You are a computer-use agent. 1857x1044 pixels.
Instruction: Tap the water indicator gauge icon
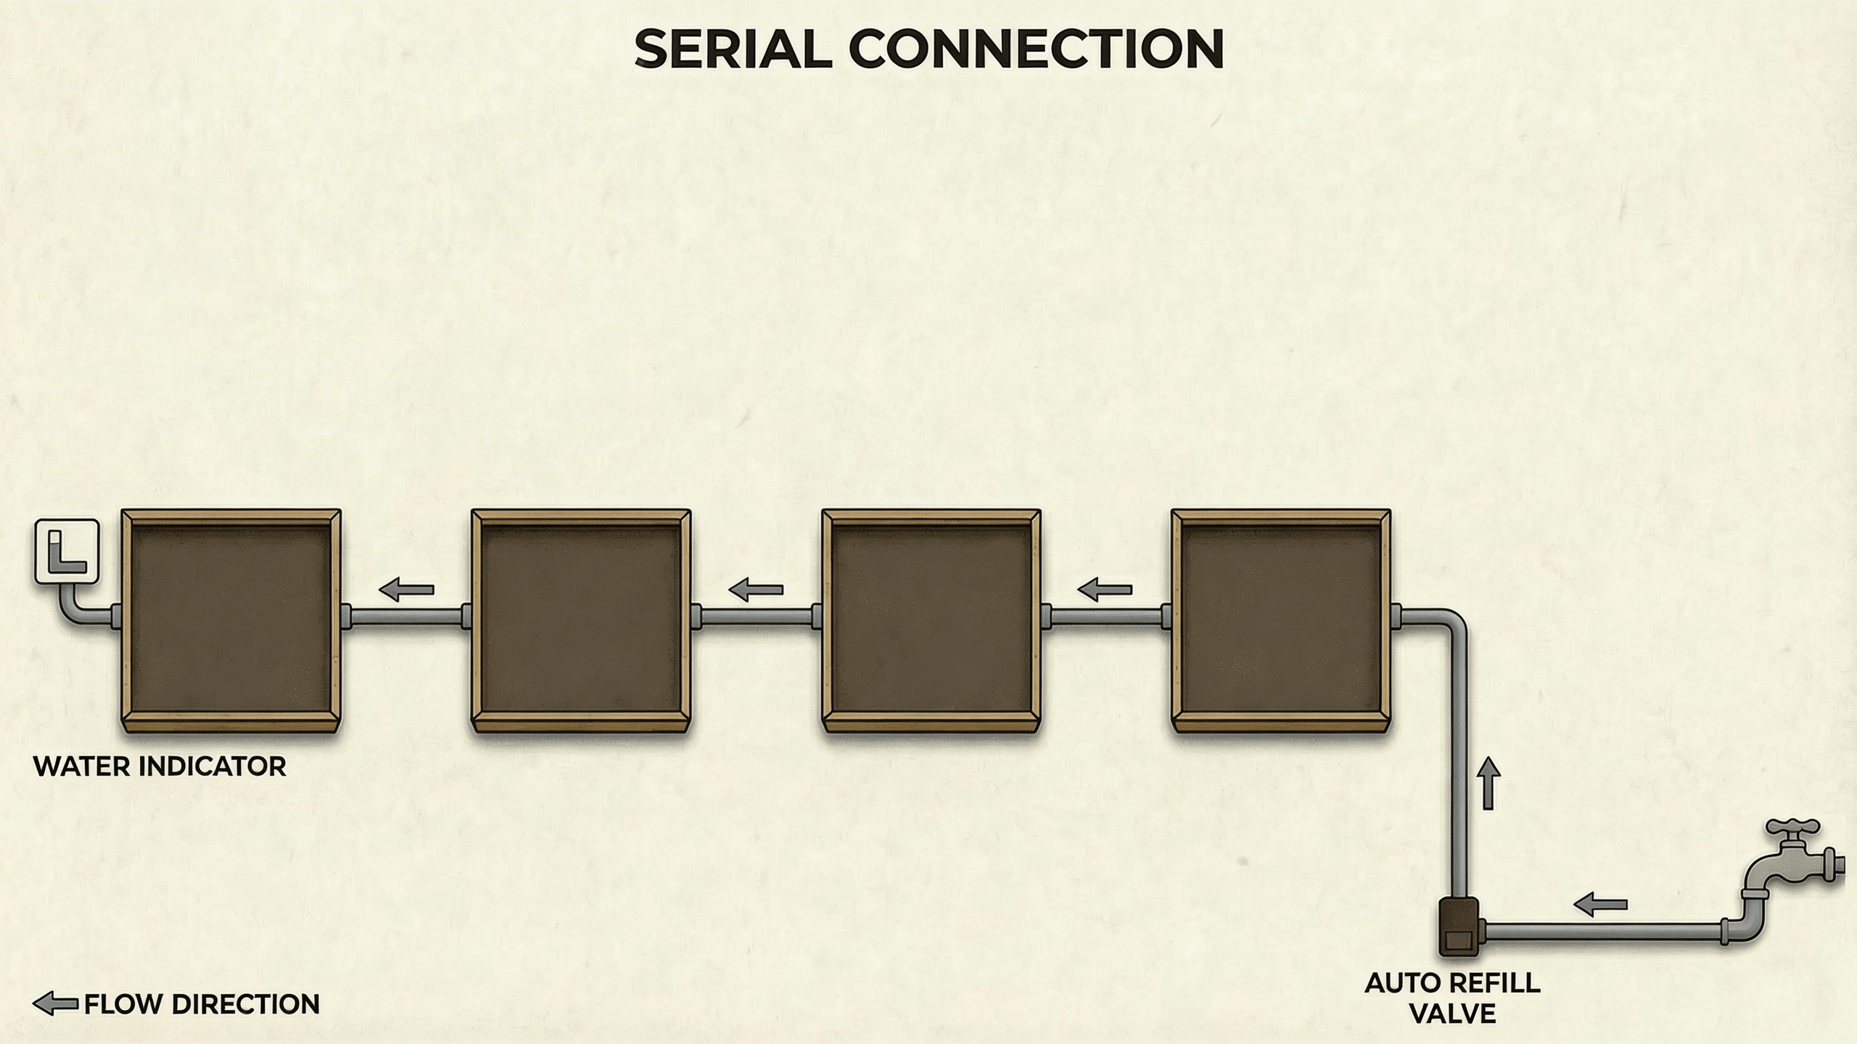click(x=67, y=552)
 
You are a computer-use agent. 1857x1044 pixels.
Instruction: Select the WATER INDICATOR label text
click(x=160, y=767)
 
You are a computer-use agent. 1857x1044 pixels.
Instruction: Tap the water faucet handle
click(x=1792, y=828)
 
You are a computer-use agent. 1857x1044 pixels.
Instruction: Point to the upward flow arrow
click(x=1489, y=783)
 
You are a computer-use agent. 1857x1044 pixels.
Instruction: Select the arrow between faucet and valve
click(x=1600, y=904)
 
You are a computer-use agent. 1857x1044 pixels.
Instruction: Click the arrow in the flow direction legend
click(x=55, y=1004)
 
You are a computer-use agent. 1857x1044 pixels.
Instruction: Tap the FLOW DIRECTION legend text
click(x=202, y=1004)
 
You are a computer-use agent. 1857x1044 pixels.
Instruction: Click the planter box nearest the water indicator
click(x=231, y=621)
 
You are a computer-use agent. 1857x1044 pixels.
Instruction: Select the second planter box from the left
click(x=580, y=621)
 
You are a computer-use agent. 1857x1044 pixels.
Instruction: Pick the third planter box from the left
click(x=931, y=621)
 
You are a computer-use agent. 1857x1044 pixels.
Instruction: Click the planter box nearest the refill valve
click(x=1281, y=621)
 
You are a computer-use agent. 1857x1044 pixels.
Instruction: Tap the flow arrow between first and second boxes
click(x=406, y=589)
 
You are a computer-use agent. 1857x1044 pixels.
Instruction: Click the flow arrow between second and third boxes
click(x=756, y=589)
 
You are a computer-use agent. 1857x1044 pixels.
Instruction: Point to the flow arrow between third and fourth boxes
click(x=1105, y=589)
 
